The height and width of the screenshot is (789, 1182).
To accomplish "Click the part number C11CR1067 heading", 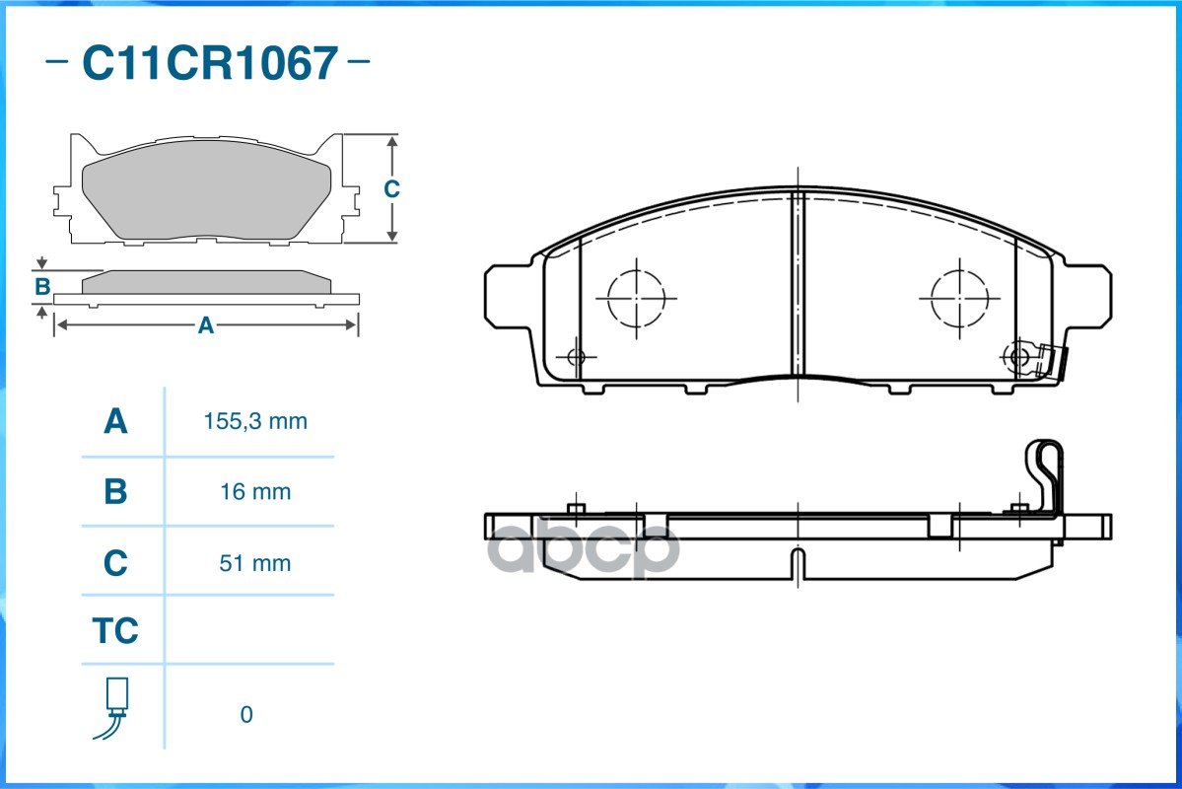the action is (x=210, y=62).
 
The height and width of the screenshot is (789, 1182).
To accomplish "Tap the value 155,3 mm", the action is (x=255, y=421).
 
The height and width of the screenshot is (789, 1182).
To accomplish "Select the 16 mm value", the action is (x=255, y=492).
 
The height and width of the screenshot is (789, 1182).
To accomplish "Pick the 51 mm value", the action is (x=255, y=563).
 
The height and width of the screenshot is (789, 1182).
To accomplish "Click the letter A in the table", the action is (x=115, y=421).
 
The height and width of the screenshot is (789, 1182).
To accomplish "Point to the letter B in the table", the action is (x=115, y=492).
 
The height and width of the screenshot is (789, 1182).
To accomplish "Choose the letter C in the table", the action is (x=115, y=563).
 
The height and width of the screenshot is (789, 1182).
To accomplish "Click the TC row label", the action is (x=115, y=630).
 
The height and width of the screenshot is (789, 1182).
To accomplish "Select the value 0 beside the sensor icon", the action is (x=246, y=714).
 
